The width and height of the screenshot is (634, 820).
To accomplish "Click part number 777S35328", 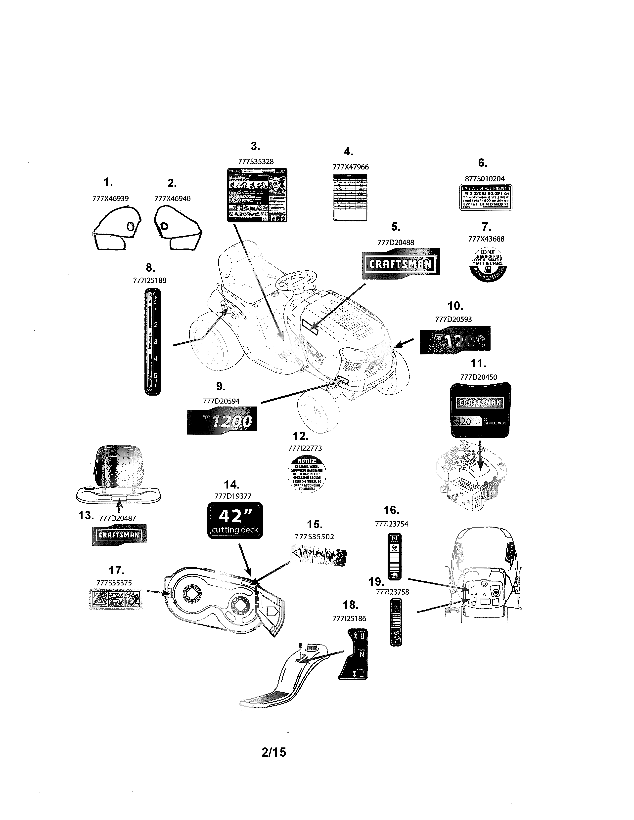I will pyautogui.click(x=256, y=162).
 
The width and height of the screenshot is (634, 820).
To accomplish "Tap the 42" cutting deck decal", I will pyautogui.click(x=235, y=520).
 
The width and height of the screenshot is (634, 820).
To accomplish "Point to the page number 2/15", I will pyautogui.click(x=274, y=752).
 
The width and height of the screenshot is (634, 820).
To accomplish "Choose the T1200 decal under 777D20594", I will pyautogui.click(x=222, y=420).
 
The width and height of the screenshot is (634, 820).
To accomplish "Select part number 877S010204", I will pyautogui.click(x=485, y=179).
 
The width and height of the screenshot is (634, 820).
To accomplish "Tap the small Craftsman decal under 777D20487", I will pyautogui.click(x=119, y=535).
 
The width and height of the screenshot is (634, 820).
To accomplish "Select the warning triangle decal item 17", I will pyautogui.click(x=116, y=600).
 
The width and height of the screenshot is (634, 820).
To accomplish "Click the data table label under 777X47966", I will pyautogui.click(x=350, y=198).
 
